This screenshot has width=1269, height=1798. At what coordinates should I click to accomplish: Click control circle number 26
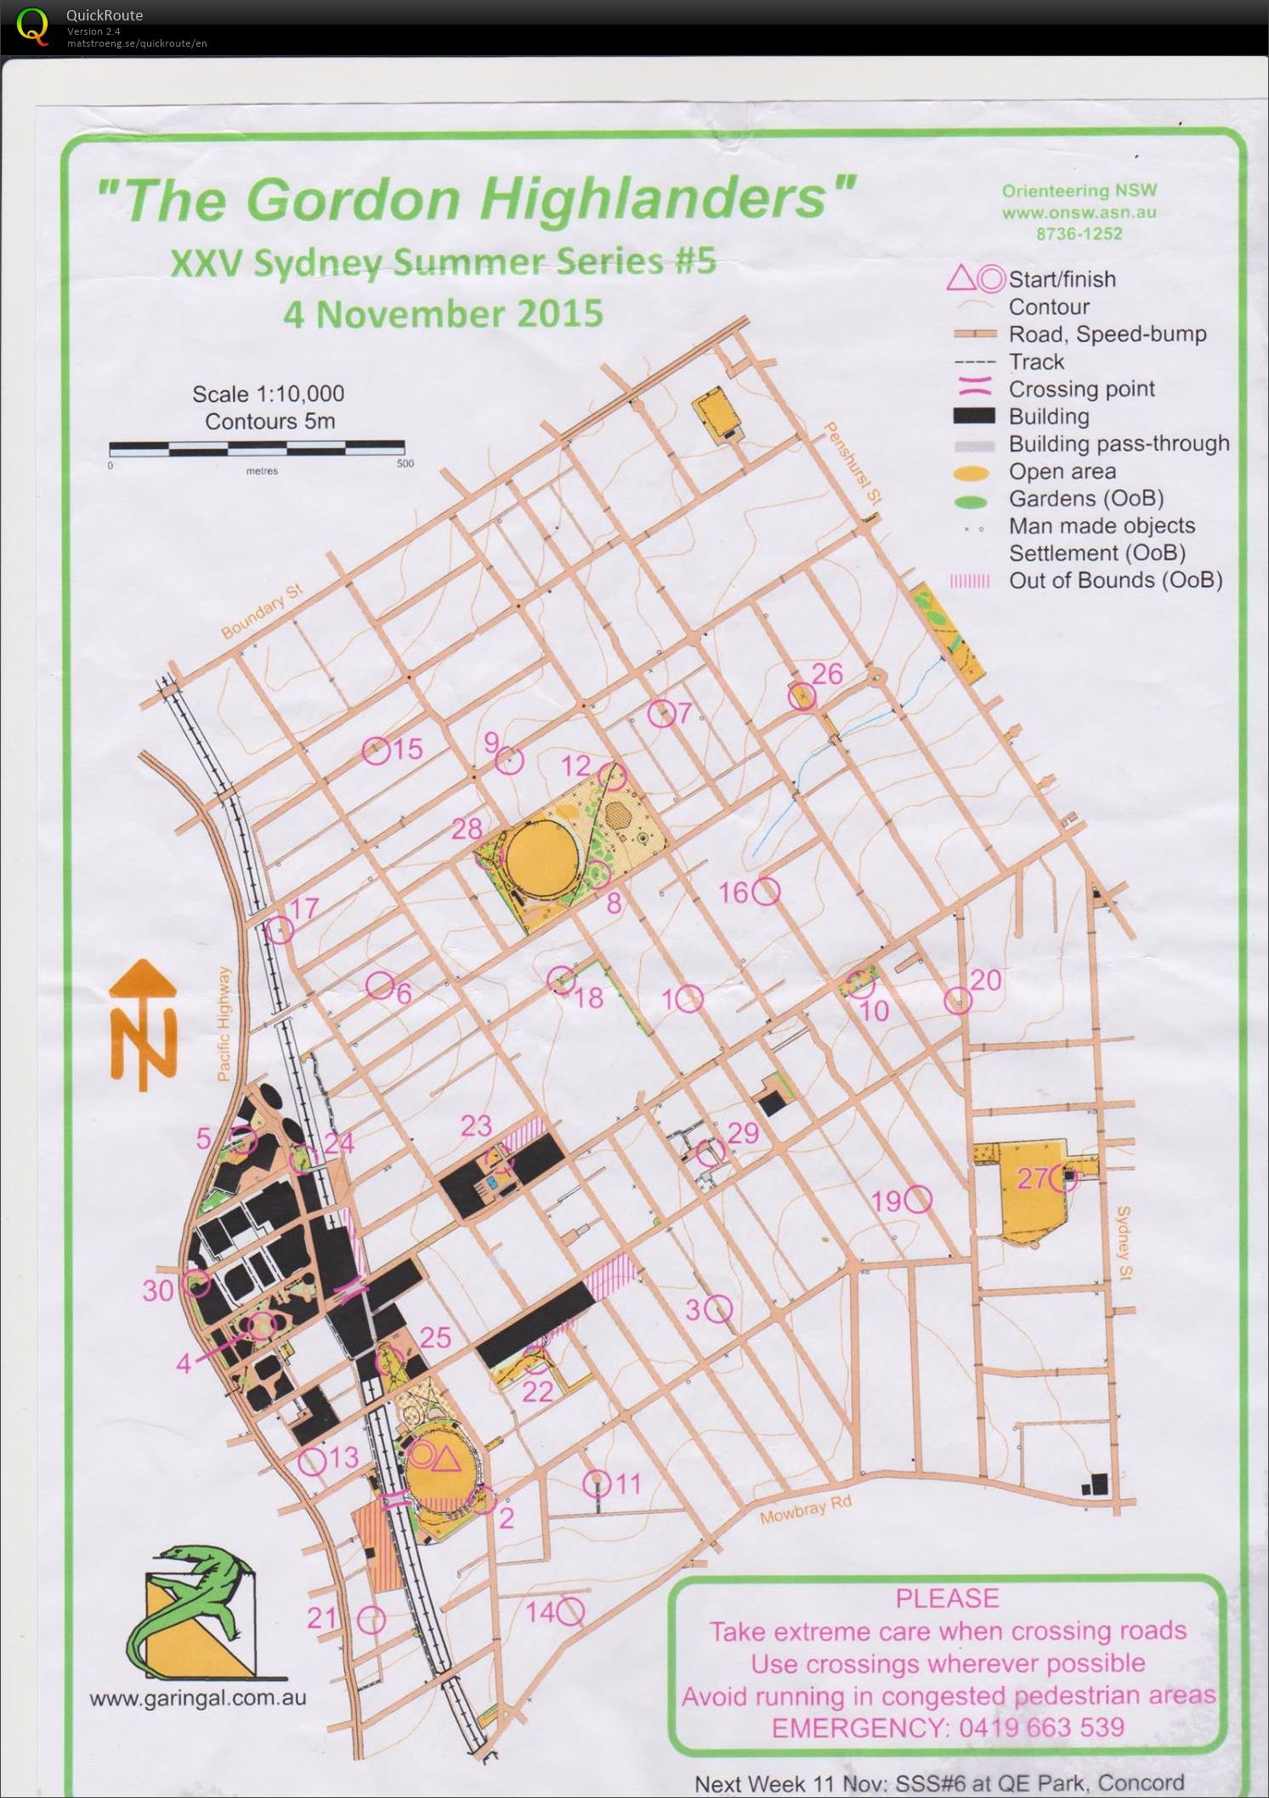[x=802, y=697]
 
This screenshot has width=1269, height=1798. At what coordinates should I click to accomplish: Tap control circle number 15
[x=376, y=750]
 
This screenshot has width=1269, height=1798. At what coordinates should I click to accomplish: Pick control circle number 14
[x=570, y=1610]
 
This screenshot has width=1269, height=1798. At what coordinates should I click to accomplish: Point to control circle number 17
[x=280, y=930]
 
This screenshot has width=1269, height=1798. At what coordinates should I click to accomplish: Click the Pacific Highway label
[x=224, y=1024]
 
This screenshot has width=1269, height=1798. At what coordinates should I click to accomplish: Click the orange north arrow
[x=143, y=1024]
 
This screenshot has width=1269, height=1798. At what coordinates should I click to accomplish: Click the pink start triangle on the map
[x=446, y=1460]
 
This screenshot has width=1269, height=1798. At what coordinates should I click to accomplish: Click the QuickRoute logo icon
[x=32, y=26]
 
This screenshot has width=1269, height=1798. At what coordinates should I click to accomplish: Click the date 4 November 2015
[x=443, y=315]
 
